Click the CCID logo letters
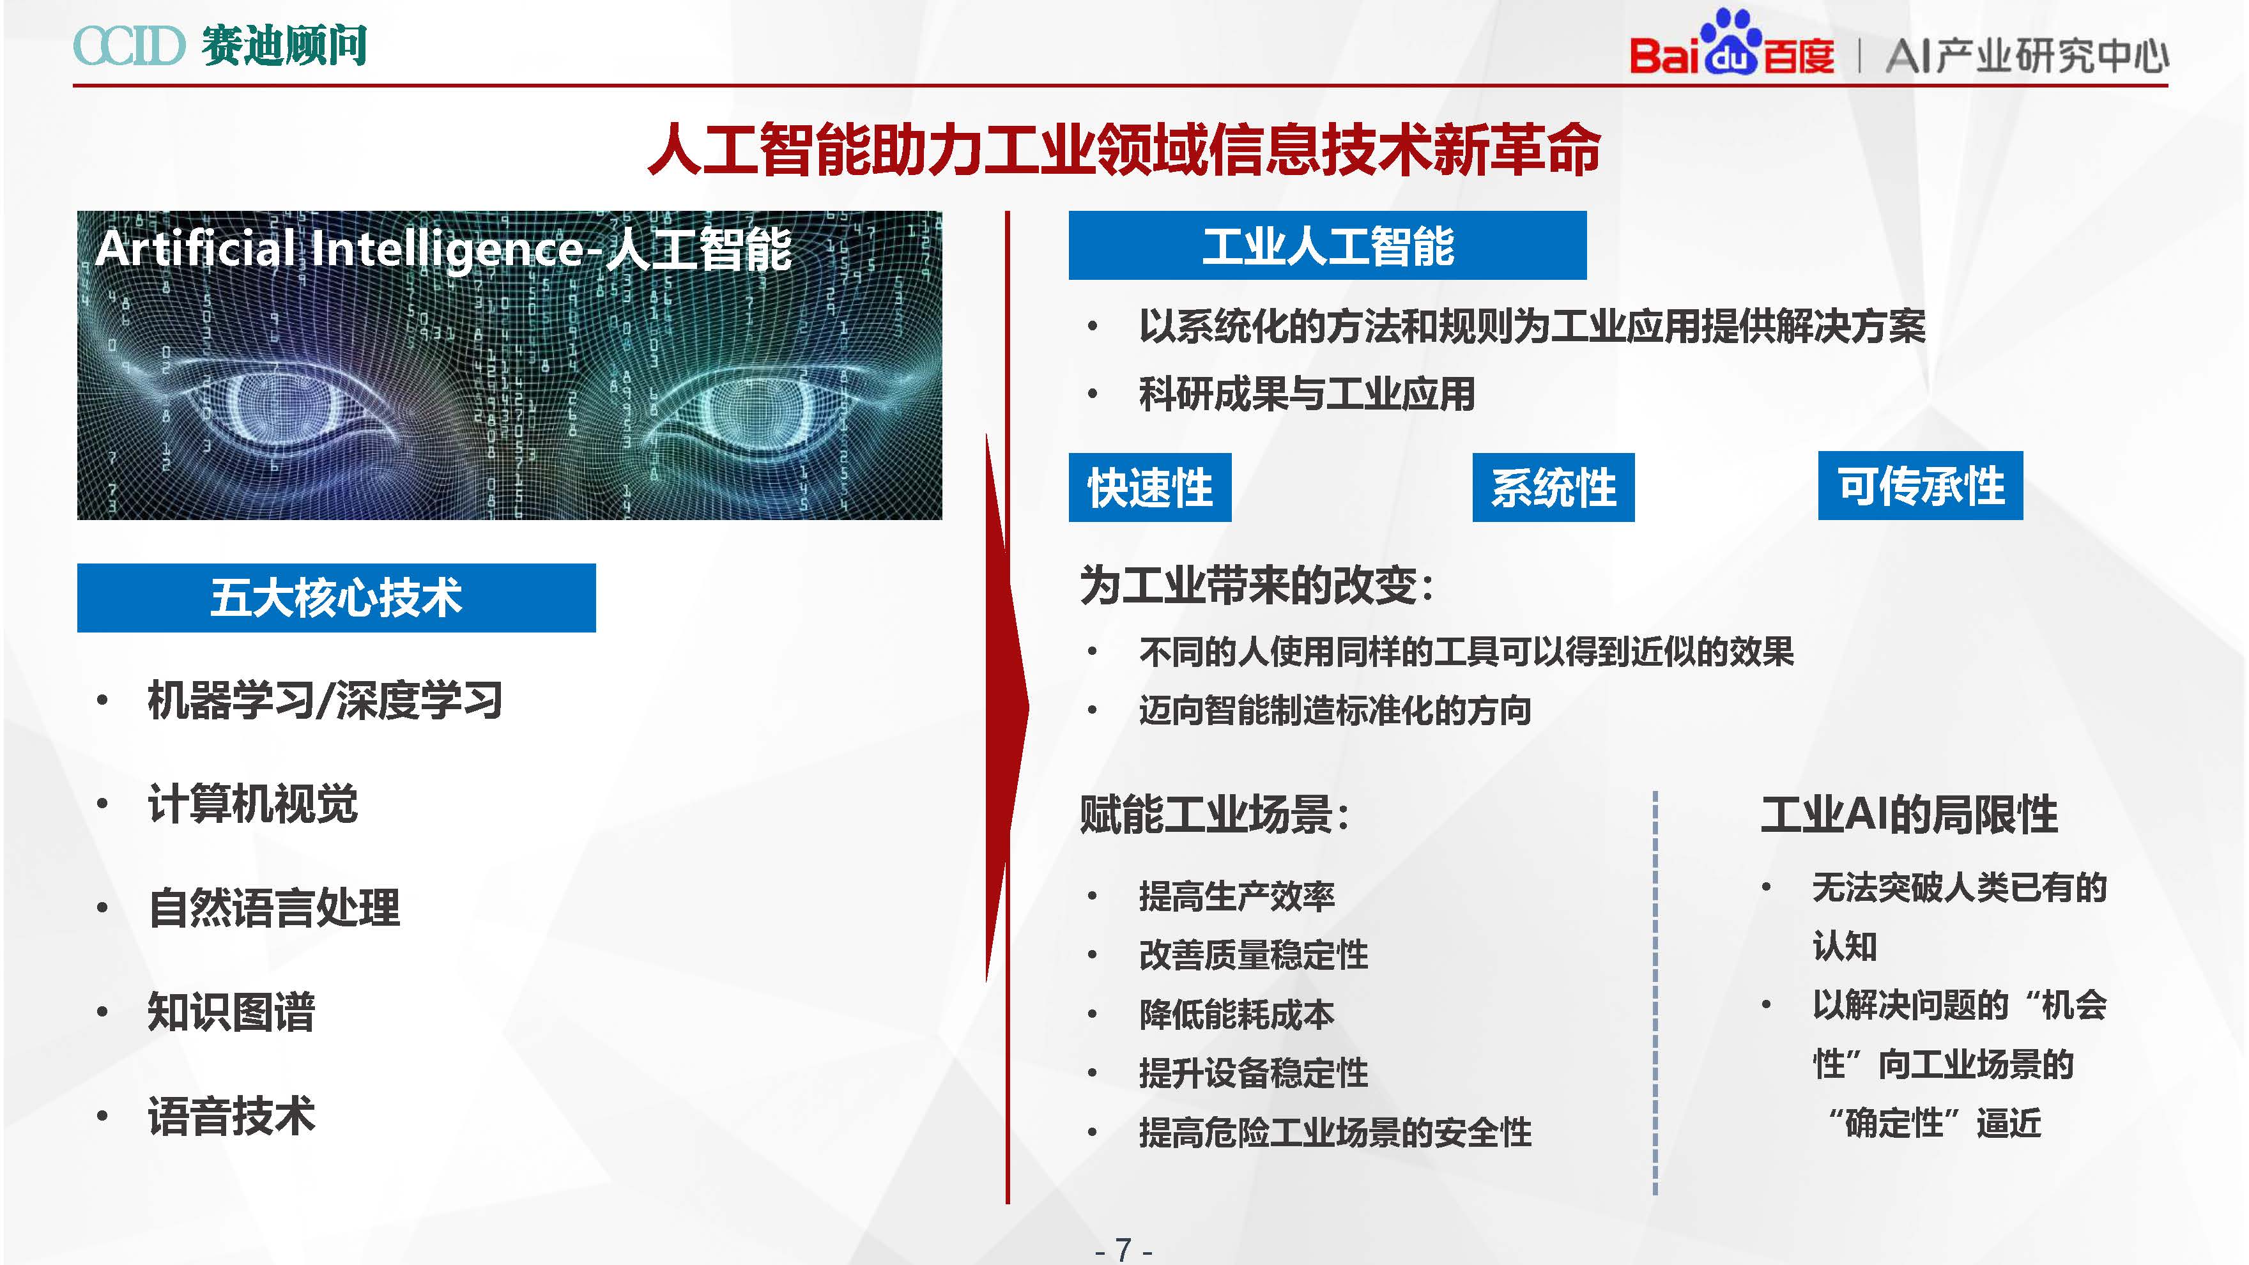pos(129,45)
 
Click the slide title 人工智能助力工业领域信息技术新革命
pos(1124,149)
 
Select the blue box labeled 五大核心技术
pos(336,598)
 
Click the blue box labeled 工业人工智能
pos(1327,245)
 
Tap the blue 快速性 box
pos(1150,487)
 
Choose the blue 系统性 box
pos(1553,487)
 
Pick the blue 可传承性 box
pos(1920,486)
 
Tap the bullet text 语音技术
pos(231,1115)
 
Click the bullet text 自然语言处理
pos(274,908)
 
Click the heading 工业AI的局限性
pos(1908,814)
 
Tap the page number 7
pos(1124,1249)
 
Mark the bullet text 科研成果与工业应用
pos(1307,394)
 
